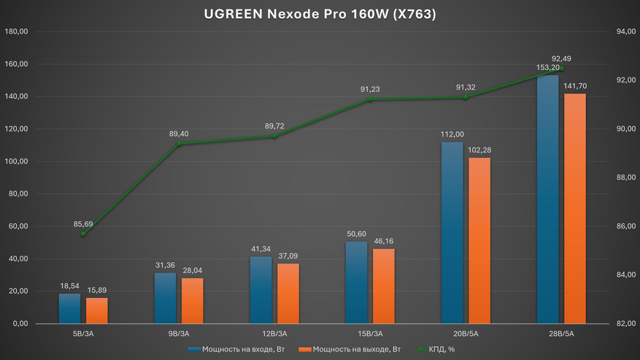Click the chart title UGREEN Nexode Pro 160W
320,14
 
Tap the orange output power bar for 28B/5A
574,208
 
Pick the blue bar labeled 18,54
69,308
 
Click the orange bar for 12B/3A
288,293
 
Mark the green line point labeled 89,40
179,144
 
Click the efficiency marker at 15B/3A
370,99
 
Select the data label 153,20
547,68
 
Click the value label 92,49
562,58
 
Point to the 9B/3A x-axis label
179,334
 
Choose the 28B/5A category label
560,334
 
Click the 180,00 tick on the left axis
16,32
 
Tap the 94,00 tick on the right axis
622,32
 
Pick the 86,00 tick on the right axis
622,226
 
